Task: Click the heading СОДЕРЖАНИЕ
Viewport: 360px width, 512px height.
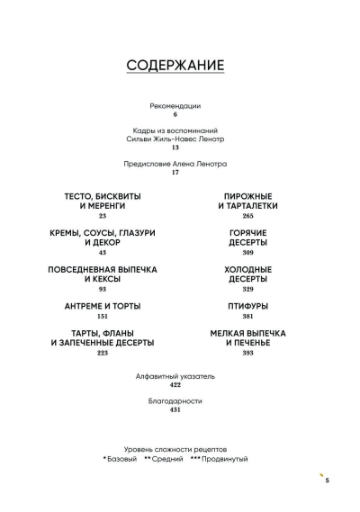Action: pyautogui.click(x=175, y=65)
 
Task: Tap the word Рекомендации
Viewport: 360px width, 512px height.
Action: pyautogui.click(x=175, y=106)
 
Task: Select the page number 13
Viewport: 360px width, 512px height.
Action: pyautogui.click(x=175, y=148)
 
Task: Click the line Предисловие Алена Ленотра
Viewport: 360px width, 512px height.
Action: pyautogui.click(x=175, y=164)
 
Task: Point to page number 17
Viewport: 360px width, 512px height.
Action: pyautogui.click(x=175, y=173)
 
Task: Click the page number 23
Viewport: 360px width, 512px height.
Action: pyautogui.click(x=103, y=216)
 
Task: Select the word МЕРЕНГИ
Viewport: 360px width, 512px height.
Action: pyautogui.click(x=107, y=206)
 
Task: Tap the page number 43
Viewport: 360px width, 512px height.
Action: pyautogui.click(x=103, y=253)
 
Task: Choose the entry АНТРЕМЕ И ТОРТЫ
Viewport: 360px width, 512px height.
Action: pyautogui.click(x=103, y=306)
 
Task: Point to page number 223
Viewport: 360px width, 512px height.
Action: pyautogui.click(x=103, y=353)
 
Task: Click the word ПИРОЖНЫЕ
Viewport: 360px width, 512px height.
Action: pyautogui.click(x=247, y=196)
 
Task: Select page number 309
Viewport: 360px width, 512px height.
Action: pyautogui.click(x=247, y=253)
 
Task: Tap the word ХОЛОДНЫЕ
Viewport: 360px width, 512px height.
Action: pyautogui.click(x=247, y=270)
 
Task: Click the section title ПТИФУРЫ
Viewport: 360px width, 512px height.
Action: pyautogui.click(x=247, y=306)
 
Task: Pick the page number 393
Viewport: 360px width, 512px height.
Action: pyautogui.click(x=247, y=353)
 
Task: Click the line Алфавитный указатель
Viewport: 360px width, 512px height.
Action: pyautogui.click(x=175, y=376)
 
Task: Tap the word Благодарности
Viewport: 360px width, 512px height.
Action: pyautogui.click(x=175, y=401)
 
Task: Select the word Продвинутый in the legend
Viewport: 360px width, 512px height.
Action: pyautogui.click(x=225, y=459)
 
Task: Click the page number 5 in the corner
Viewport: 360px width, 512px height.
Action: pyautogui.click(x=328, y=481)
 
